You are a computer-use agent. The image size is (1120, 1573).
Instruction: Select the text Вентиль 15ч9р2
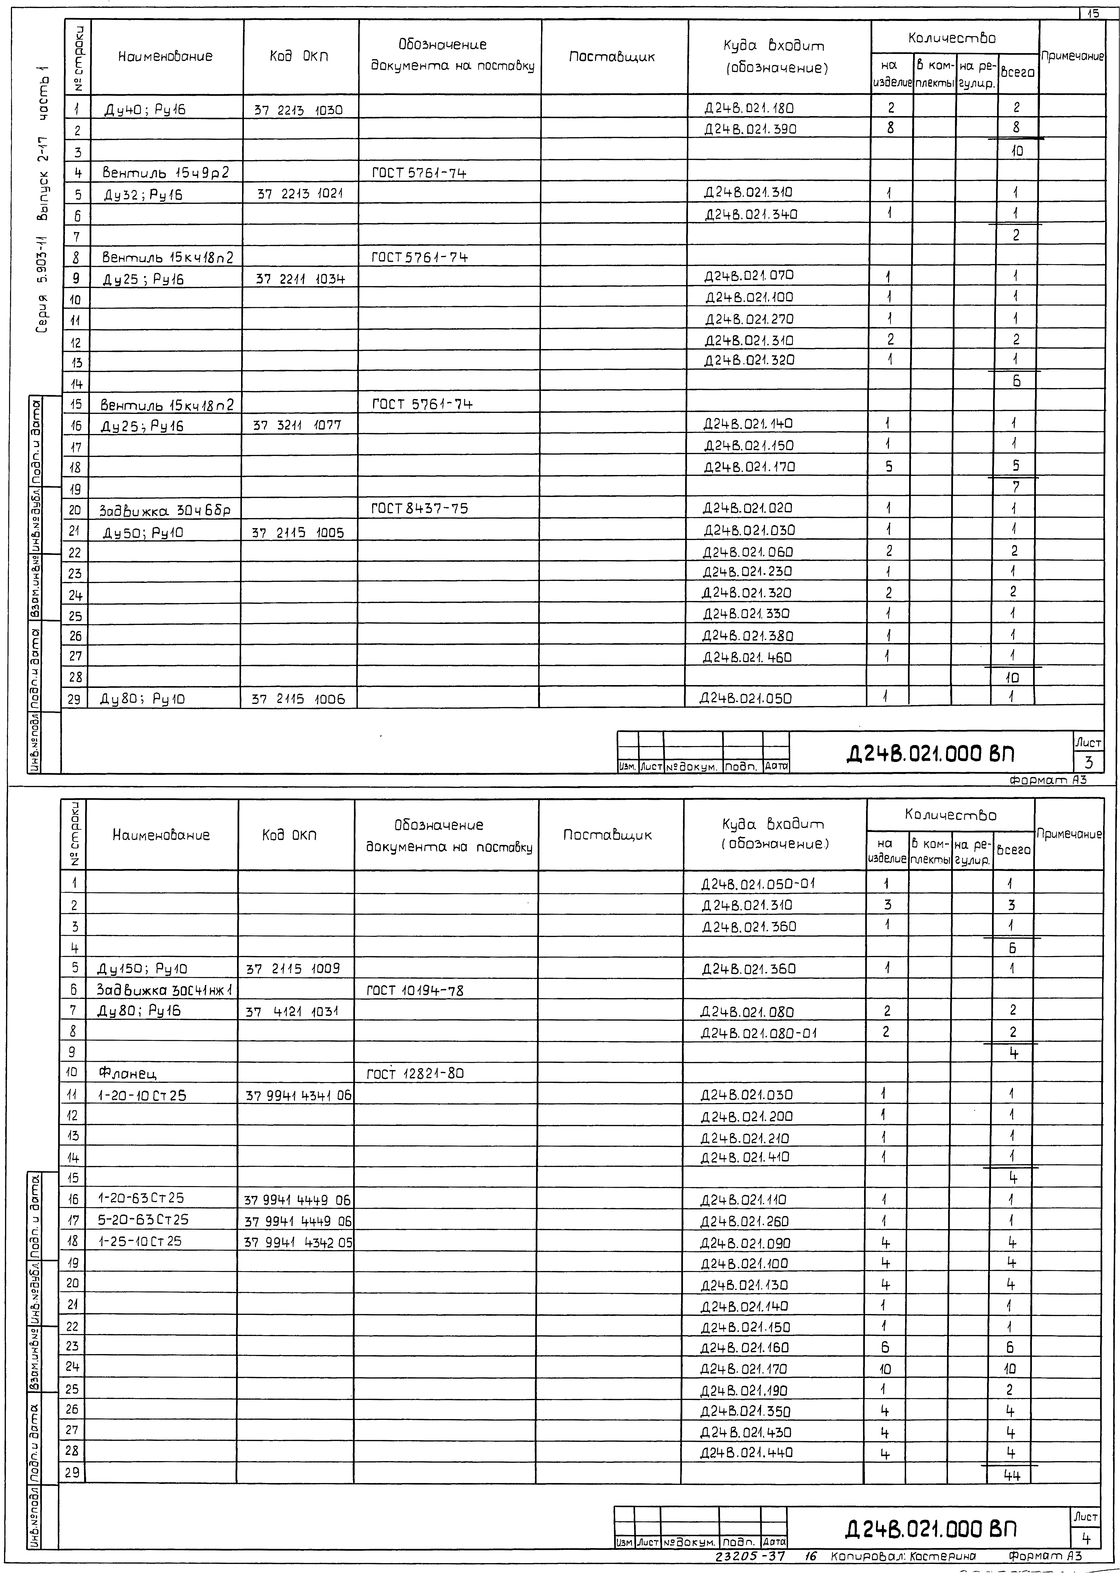pos(166,172)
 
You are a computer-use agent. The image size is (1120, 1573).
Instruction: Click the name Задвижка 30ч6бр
pos(165,510)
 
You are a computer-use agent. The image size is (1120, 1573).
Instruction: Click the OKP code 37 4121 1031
pos(292,1012)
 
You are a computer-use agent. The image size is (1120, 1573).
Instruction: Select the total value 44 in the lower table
pos(1012,1475)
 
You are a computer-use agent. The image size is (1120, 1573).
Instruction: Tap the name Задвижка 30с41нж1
pos(165,990)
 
